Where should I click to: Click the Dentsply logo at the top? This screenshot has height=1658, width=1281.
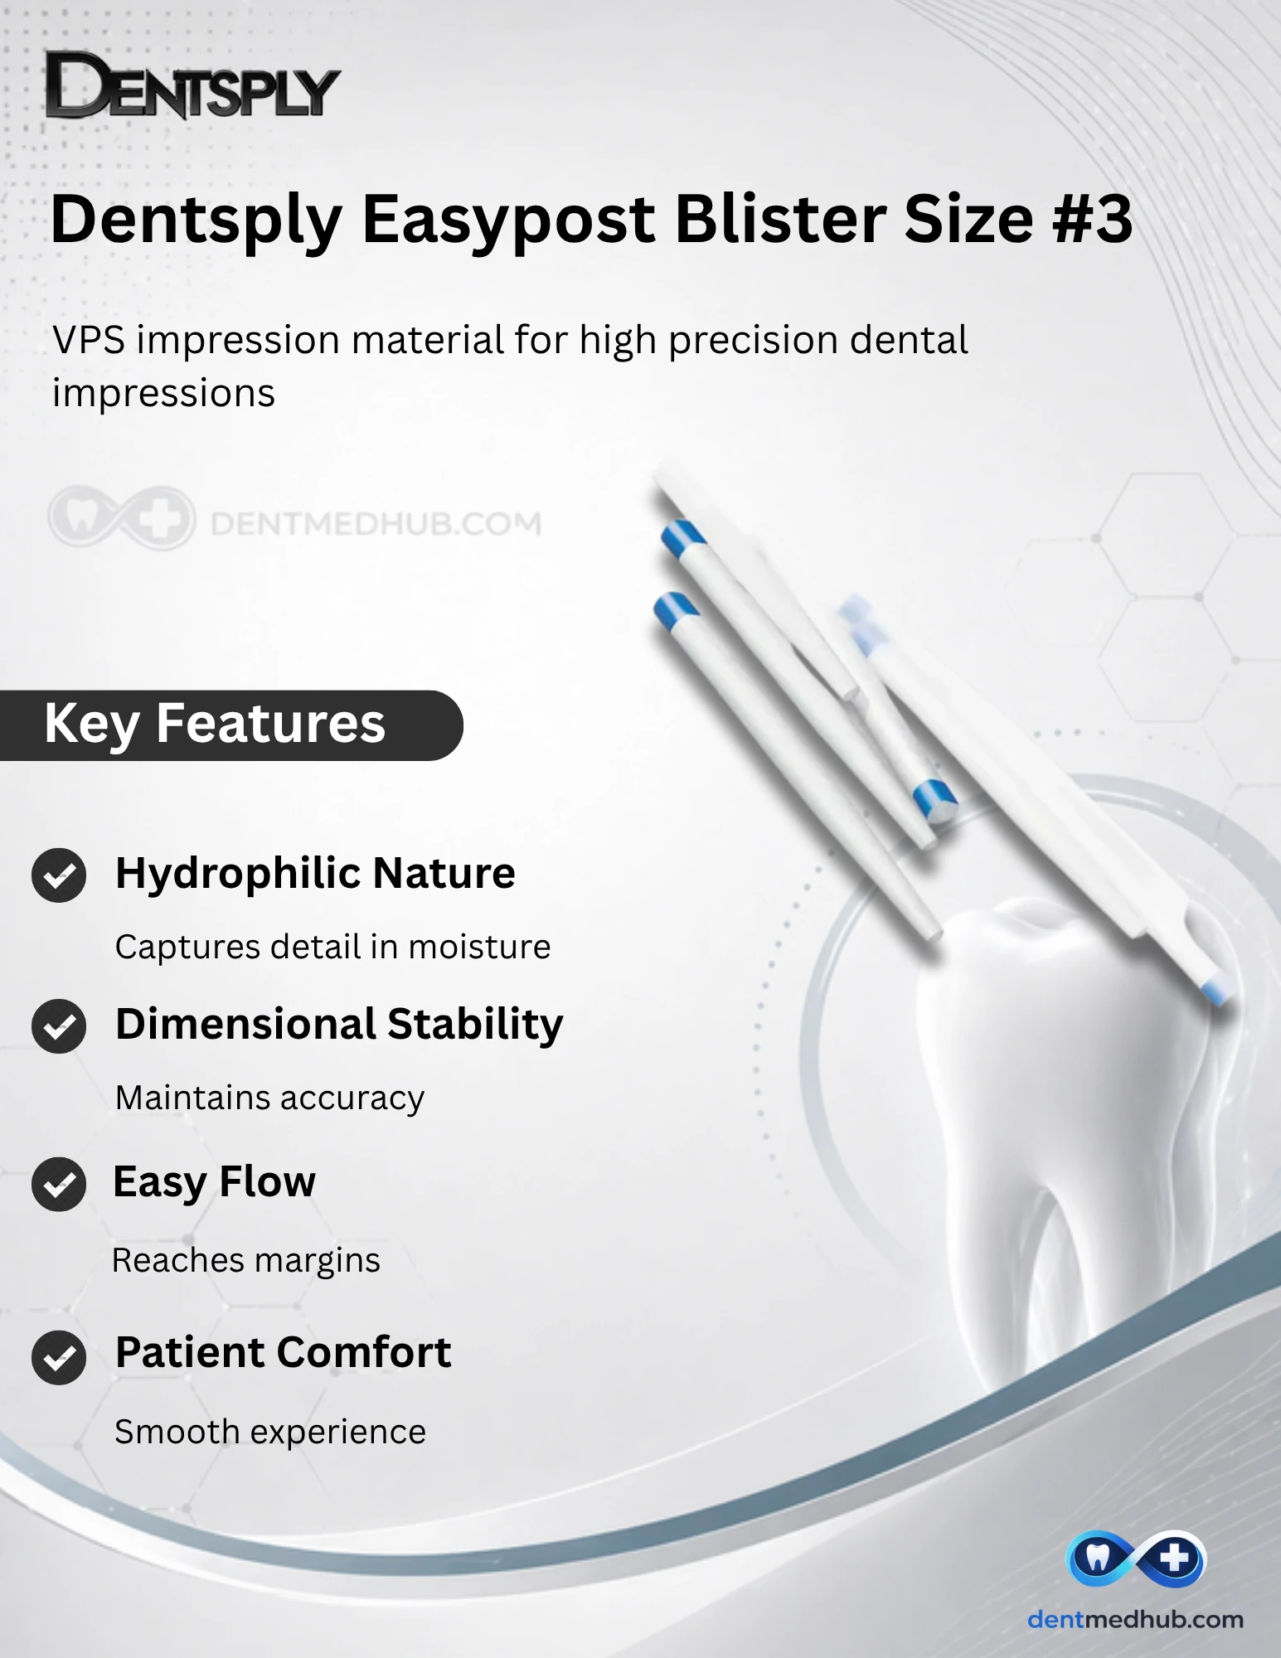tap(192, 85)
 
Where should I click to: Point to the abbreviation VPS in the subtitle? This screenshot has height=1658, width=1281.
tap(89, 340)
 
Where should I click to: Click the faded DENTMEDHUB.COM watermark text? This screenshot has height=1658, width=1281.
tap(376, 523)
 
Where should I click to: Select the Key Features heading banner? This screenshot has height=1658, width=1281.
tap(231, 725)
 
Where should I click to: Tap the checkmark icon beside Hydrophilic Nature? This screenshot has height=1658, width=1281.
tap(59, 875)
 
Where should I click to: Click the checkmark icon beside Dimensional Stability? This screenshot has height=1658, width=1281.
tap(59, 1026)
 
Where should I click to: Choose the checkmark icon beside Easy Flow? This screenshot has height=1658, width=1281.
tap(59, 1184)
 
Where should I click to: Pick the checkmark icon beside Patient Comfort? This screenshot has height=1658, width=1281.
tap(59, 1357)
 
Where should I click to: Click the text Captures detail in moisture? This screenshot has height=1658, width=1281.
tap(332, 947)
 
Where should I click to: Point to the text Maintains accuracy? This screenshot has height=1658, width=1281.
tap(269, 1098)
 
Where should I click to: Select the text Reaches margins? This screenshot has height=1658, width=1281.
tap(246, 1261)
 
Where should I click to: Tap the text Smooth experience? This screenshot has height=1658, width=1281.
tap(270, 1433)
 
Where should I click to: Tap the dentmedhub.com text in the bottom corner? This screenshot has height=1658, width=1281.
tap(1135, 1620)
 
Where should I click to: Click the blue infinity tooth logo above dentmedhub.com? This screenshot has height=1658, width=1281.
tap(1135, 1559)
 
